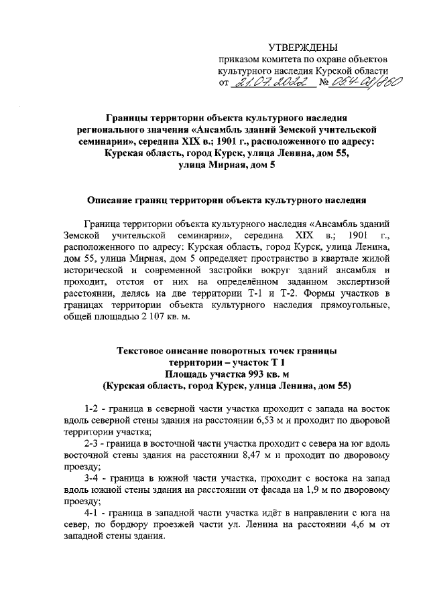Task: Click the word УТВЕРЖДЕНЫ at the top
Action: pos(303,47)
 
